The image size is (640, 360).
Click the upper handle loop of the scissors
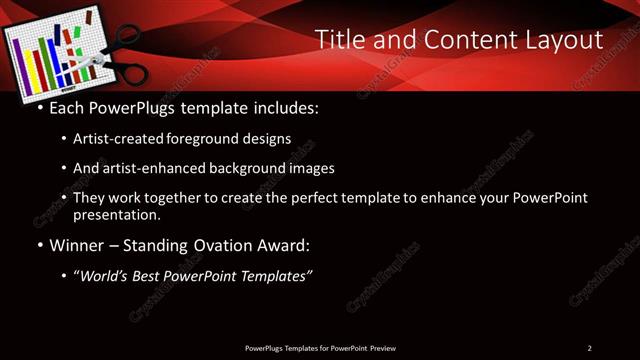[x=127, y=37]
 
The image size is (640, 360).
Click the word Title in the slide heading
[x=338, y=40]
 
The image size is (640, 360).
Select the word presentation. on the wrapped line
[x=116, y=214]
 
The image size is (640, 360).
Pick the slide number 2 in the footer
[x=589, y=348]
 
